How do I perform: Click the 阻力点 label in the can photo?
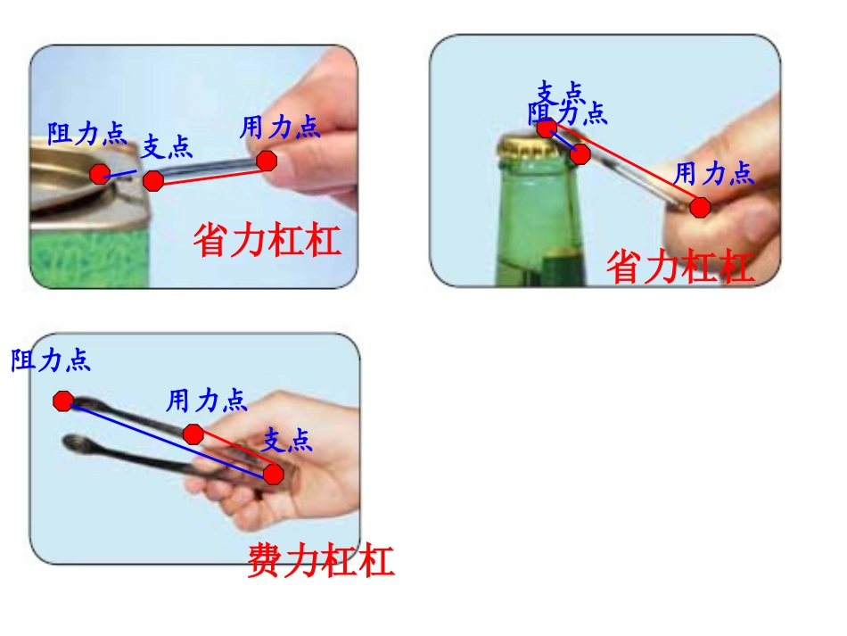[x=86, y=134]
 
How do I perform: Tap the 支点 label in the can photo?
[x=168, y=145]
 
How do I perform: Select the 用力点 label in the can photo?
[x=279, y=128]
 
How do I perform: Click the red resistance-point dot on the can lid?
[x=100, y=173]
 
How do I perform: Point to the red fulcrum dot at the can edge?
[x=153, y=181]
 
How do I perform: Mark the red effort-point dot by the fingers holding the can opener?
[x=267, y=161]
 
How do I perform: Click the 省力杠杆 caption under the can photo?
[x=267, y=240]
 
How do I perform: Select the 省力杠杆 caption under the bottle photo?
[x=680, y=267]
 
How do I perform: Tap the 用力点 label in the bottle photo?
[x=713, y=173]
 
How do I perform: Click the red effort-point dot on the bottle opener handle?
[x=701, y=208]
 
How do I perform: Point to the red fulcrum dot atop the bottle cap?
[x=547, y=128]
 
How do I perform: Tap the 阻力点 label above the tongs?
[x=51, y=360]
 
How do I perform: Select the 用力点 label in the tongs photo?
[x=207, y=400]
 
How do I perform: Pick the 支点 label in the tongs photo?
[x=287, y=440]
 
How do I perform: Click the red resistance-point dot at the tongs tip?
[x=63, y=401]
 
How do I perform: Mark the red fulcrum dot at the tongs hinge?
[x=273, y=474]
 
